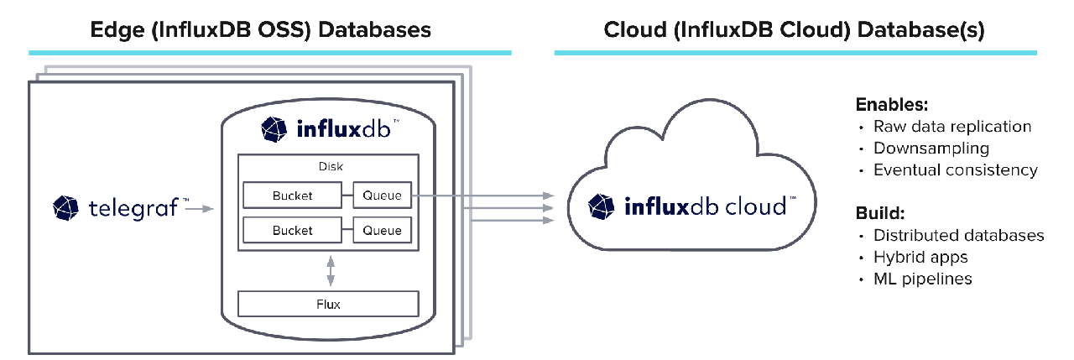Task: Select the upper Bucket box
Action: coord(292,196)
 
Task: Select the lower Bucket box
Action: coord(292,230)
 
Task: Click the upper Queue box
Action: coord(382,196)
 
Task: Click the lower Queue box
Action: coord(382,230)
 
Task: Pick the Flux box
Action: coord(328,304)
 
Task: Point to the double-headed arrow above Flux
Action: coord(331,270)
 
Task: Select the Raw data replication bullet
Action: coord(951,127)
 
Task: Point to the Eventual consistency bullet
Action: coord(955,170)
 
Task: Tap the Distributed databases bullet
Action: coord(958,235)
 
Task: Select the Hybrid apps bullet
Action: coord(920,257)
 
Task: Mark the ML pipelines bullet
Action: coord(922,279)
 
